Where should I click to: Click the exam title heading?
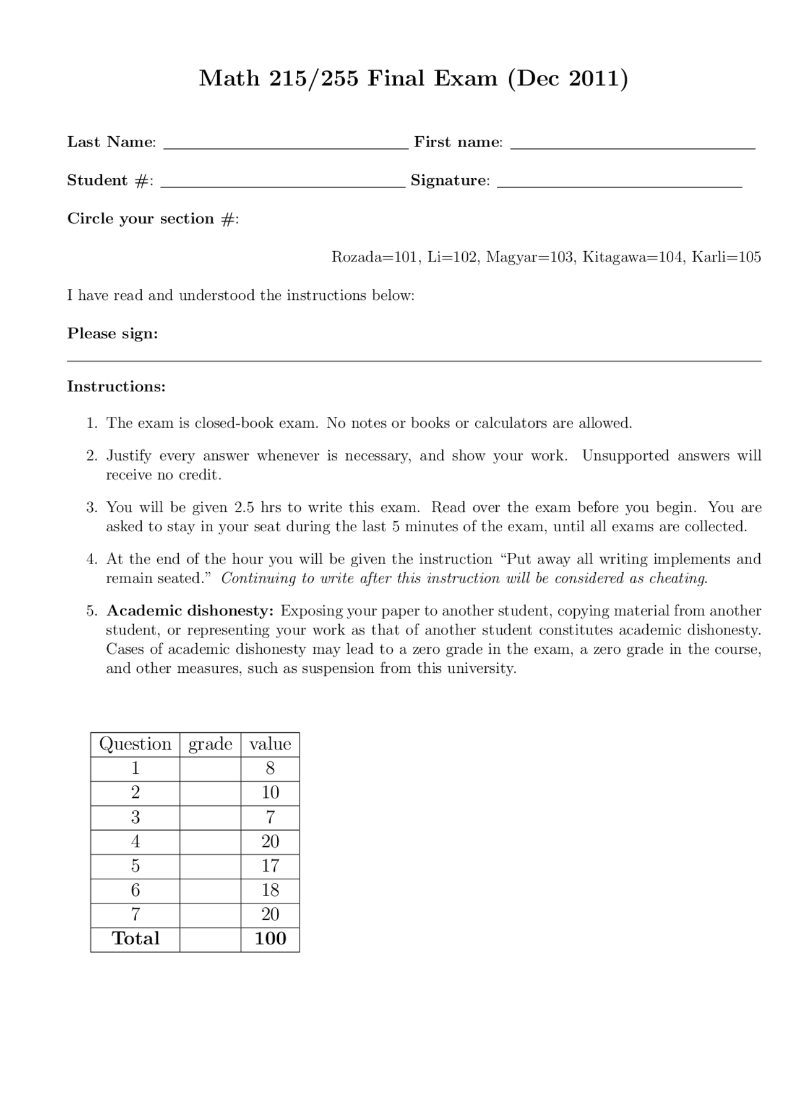click(413, 79)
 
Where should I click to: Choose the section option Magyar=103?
click(530, 257)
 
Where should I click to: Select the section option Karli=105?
click(726, 257)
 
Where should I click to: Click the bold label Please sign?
click(113, 334)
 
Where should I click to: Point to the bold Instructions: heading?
click(116, 387)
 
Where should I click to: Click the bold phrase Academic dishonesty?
click(190, 611)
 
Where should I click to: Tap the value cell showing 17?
click(270, 866)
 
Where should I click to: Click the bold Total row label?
click(136, 939)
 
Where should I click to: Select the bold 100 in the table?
click(270, 939)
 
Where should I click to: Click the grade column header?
click(210, 744)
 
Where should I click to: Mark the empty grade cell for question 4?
click(210, 842)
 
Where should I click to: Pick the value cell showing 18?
click(270, 891)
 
